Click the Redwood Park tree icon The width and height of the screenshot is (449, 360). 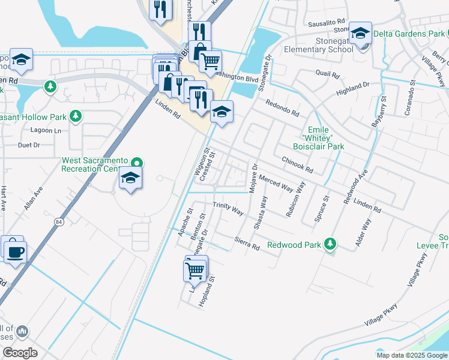point(330,244)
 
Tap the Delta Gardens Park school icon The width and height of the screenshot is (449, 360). point(360,33)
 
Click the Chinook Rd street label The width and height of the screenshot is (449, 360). point(297,165)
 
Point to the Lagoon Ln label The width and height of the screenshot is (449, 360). point(49,130)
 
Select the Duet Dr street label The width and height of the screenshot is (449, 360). point(29,145)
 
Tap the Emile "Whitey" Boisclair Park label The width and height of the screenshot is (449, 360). point(326,138)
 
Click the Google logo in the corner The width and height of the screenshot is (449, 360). point(20,352)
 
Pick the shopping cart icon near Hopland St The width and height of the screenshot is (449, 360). point(195,271)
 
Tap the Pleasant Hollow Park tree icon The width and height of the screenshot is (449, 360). point(76,116)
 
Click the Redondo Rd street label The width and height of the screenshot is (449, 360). point(282,108)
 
